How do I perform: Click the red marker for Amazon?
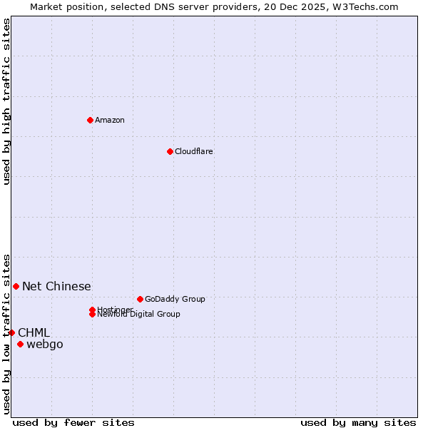[90, 120]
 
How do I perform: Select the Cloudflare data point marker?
[170, 151]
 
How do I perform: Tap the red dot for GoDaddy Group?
[140, 299]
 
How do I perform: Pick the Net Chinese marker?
[16, 286]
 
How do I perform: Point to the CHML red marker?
[11, 332]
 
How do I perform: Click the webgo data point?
[20, 345]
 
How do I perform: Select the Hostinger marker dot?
[92, 310]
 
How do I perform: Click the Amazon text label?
[110, 120]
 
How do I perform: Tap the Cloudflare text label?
[194, 151]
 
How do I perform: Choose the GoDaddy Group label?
[175, 299]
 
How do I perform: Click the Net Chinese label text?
[56, 286]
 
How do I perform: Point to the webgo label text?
[45, 345]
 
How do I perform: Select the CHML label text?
[34, 332]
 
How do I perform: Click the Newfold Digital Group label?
[139, 315]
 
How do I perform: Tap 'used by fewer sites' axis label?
[73, 422]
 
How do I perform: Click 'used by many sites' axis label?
[358, 422]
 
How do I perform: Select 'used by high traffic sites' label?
[6, 102]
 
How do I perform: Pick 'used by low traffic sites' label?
[6, 333]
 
